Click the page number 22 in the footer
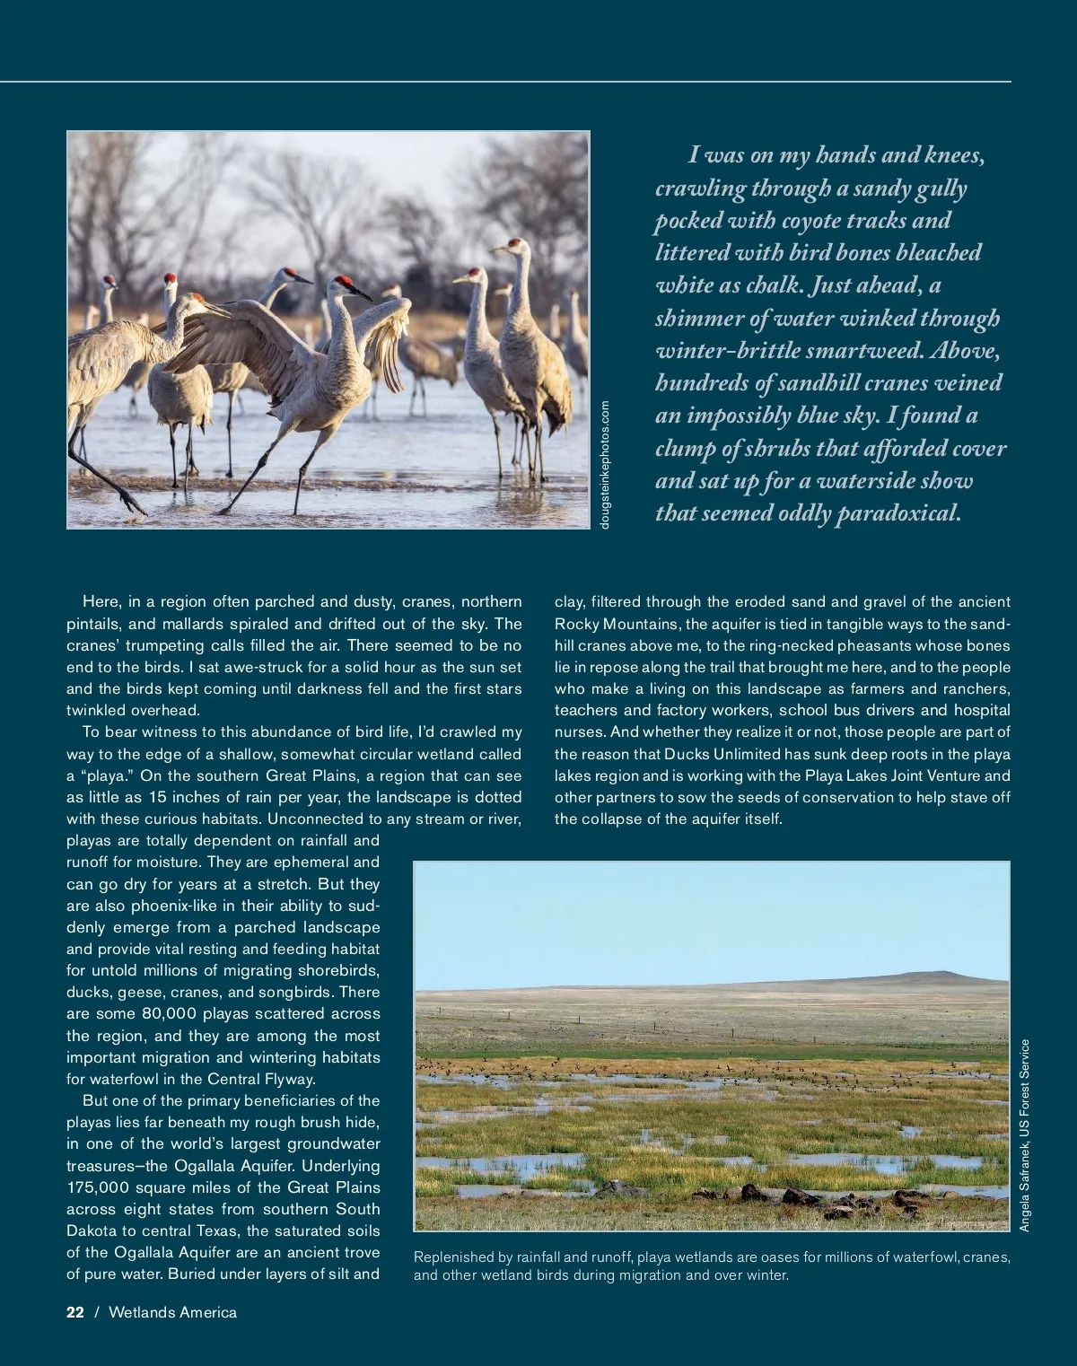point(75,1312)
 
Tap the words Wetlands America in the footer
point(172,1312)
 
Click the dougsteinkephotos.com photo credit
point(606,463)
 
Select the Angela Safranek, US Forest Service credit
point(1026,1134)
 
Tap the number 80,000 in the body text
point(169,1014)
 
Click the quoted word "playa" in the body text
point(109,775)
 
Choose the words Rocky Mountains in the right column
point(620,624)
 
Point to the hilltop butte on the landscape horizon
point(933,976)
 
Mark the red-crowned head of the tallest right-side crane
point(516,246)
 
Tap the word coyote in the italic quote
point(798,221)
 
